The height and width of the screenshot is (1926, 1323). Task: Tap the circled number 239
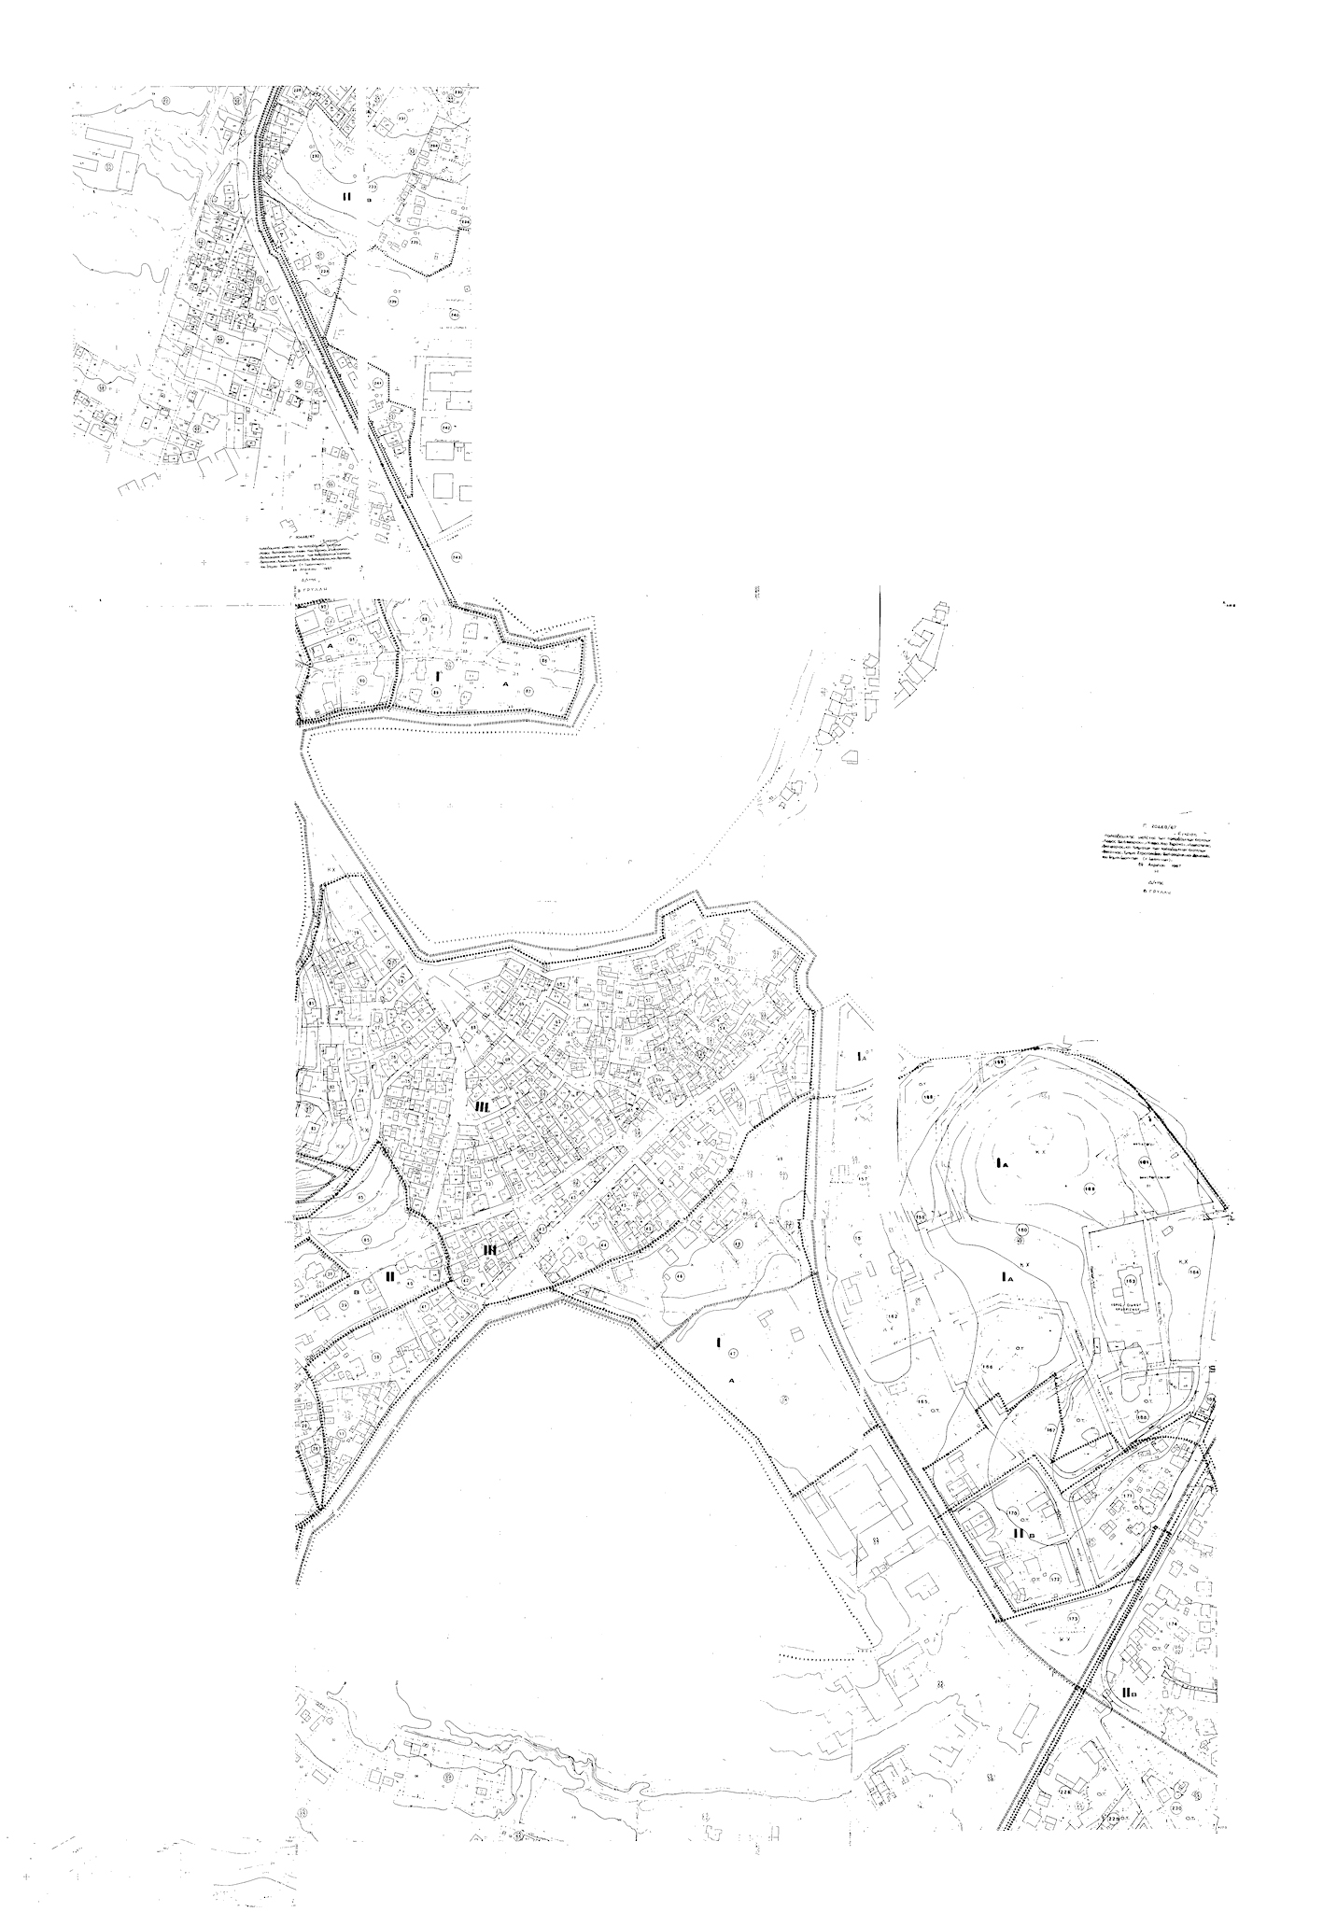[393, 302]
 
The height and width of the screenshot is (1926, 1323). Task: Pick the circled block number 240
[454, 315]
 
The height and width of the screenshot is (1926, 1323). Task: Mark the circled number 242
[445, 429]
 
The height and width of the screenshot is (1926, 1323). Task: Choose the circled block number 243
[456, 556]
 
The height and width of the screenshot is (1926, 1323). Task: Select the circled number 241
[378, 384]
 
